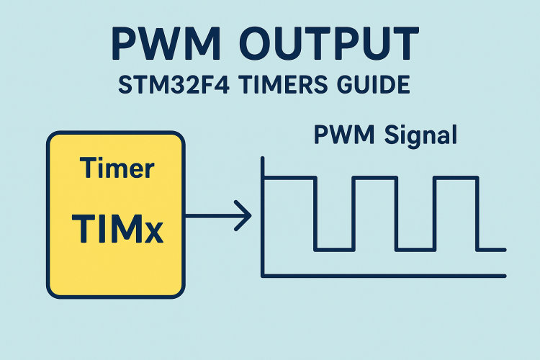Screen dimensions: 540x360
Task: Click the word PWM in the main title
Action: coord(166,43)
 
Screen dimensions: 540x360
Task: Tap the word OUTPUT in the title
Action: coord(329,43)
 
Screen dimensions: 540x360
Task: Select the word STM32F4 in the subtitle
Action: coord(174,85)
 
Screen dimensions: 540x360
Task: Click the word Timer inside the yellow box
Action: coord(117,168)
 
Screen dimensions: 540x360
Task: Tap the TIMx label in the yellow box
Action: coord(117,229)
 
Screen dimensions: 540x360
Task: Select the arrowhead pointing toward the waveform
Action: coord(243,216)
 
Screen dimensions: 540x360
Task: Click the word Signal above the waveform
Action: coord(420,136)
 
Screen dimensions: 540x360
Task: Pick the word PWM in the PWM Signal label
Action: coord(343,135)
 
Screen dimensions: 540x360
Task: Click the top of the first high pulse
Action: coord(289,178)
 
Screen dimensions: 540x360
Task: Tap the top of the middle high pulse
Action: coord(375,178)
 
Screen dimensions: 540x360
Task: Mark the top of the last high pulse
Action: coord(456,178)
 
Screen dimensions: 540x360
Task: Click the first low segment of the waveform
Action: coord(334,249)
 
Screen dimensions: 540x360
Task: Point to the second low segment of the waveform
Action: coord(415,249)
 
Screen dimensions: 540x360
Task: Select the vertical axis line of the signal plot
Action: coord(263,217)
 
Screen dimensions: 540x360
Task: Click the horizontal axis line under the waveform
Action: coord(384,276)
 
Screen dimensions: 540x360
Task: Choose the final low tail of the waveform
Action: coord(491,249)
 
